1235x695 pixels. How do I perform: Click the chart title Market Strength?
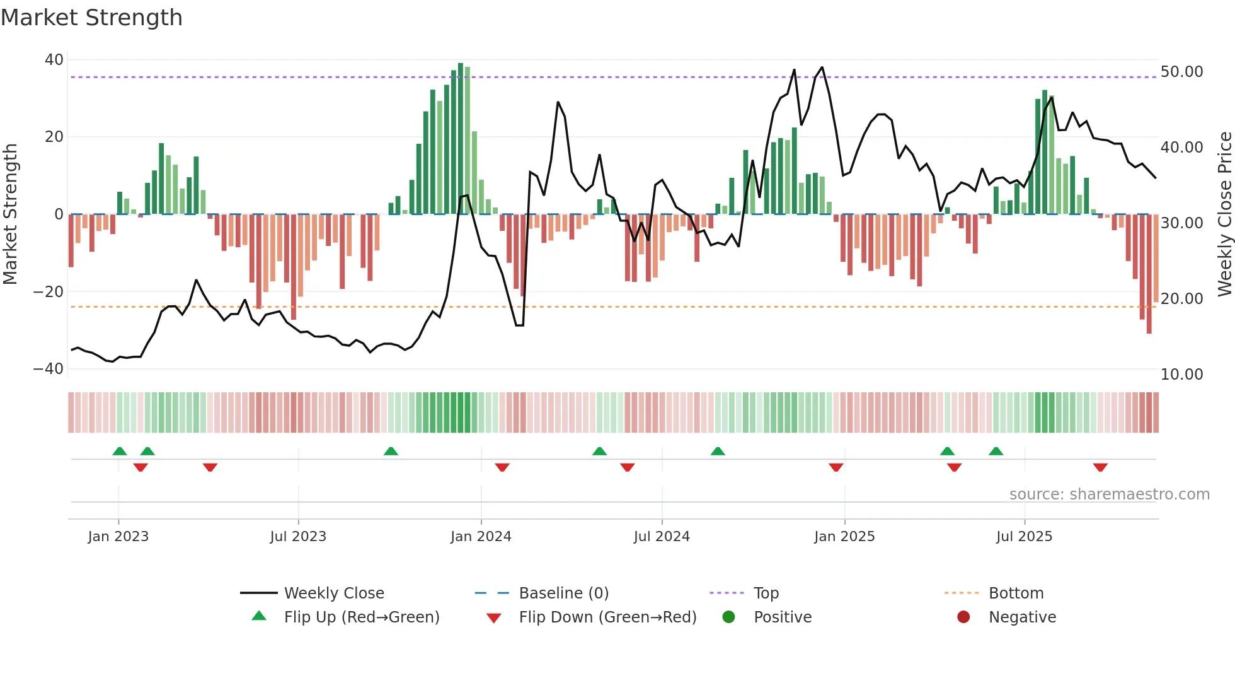91,18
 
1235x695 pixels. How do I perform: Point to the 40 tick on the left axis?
54,60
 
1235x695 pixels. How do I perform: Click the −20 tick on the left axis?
49,292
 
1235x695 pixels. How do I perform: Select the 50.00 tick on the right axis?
1181,72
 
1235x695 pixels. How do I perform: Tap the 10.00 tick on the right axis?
1181,375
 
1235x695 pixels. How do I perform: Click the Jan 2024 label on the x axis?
481,537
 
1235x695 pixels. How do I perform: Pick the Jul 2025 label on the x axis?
1024,537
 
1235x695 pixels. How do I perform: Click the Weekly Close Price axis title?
1224,214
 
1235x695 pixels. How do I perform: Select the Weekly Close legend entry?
333,593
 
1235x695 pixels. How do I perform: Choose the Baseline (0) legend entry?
563,593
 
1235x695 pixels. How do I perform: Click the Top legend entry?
766,593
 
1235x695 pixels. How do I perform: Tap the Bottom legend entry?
1016,593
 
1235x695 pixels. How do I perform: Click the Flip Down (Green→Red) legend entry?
607,617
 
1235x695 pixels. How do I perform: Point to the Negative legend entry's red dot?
963,617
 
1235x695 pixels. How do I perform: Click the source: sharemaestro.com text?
1109,494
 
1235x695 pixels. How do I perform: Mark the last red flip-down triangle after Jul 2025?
1100,467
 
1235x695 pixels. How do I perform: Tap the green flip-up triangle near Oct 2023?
391,451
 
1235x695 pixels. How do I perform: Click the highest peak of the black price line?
822,67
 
